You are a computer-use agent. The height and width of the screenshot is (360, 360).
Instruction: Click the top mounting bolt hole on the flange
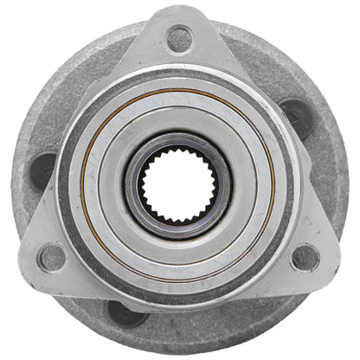click(x=179, y=38)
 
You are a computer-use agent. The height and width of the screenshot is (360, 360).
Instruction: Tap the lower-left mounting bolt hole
click(x=52, y=257)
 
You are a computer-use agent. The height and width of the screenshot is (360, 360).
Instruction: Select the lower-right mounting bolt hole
click(x=305, y=257)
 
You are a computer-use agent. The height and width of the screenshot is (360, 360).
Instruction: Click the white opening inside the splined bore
click(x=177, y=184)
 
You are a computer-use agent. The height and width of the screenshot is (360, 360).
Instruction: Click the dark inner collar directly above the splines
click(x=177, y=142)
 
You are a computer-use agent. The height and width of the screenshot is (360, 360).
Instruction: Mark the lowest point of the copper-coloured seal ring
click(x=178, y=282)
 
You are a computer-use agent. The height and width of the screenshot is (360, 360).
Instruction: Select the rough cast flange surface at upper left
click(x=69, y=95)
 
